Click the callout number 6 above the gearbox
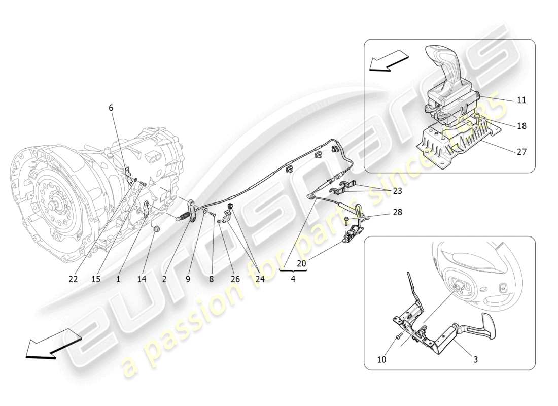point(111,107)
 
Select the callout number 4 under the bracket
point(293,279)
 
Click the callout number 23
point(397,191)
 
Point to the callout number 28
point(397,213)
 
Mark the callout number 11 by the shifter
point(521,100)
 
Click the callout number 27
point(521,151)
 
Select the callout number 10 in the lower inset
point(382,359)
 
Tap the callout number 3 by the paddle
point(475,359)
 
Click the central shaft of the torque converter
point(52,207)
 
